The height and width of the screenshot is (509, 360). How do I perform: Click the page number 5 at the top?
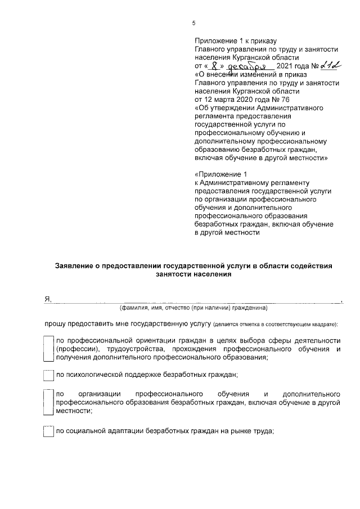pyautogui.click(x=194, y=23)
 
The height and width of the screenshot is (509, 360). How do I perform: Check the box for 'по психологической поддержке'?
pyautogui.click(x=48, y=375)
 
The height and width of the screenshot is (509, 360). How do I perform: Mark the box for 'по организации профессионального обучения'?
pyautogui.click(x=48, y=402)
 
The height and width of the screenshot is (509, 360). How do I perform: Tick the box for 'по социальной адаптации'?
pyautogui.click(x=48, y=431)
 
